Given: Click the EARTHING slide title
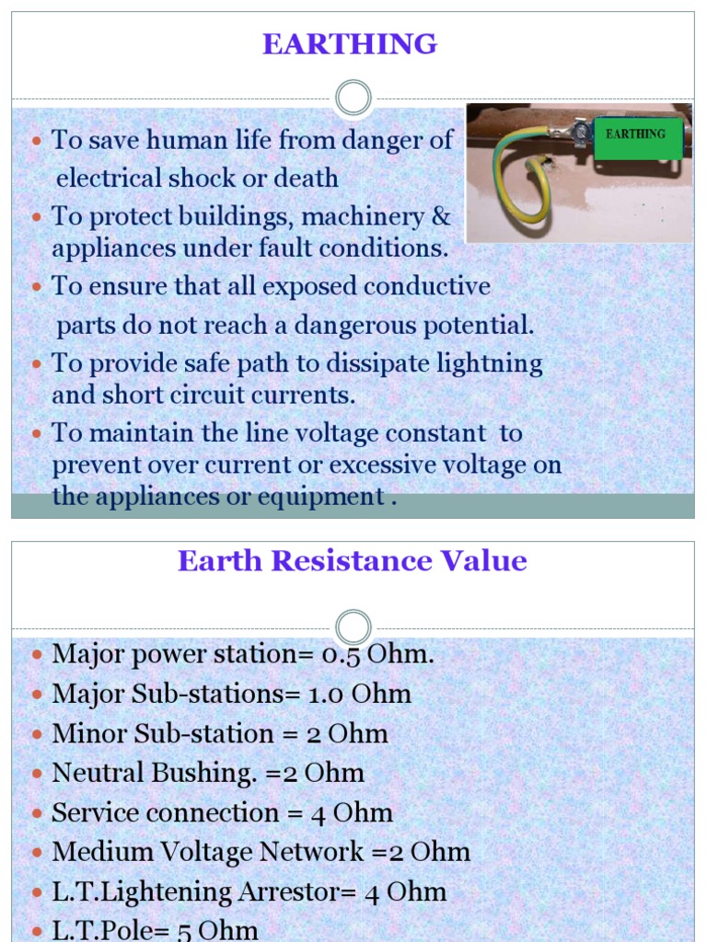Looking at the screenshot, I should click(x=350, y=44).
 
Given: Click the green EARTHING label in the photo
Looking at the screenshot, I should click(x=636, y=135).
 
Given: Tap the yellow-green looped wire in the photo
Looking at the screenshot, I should click(x=516, y=184).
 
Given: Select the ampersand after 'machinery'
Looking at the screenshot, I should click(x=441, y=217).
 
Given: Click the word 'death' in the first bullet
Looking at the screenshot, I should click(x=307, y=178).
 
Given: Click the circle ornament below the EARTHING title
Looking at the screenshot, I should click(x=353, y=98).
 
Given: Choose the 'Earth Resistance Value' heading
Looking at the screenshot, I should click(x=353, y=561).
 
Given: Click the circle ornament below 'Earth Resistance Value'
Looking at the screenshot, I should click(x=353, y=627).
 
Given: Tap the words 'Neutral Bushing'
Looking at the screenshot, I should click(x=153, y=773).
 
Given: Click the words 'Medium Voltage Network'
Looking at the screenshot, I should click(x=208, y=852).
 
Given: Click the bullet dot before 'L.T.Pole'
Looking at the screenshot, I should click(x=37, y=931).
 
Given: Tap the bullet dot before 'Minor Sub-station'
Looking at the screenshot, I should click(x=37, y=734).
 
